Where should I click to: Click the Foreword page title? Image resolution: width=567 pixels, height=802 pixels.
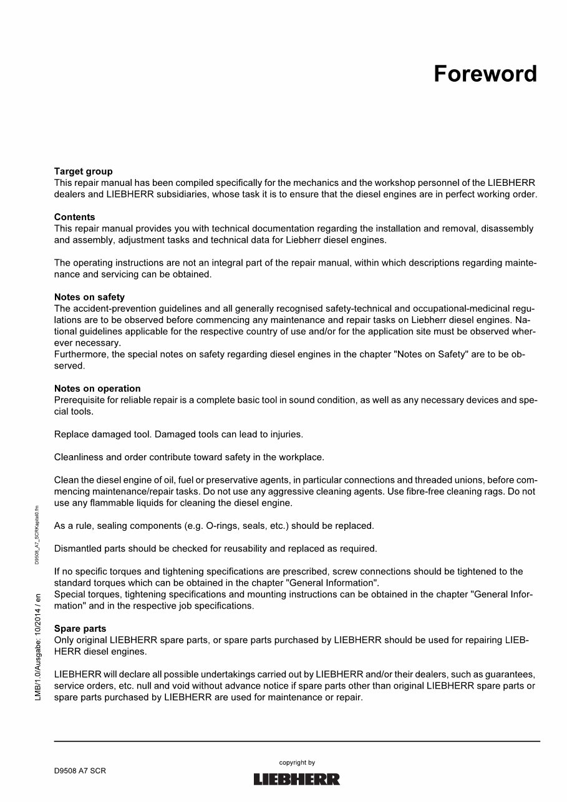(x=485, y=74)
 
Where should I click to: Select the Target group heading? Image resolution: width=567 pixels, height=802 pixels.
(x=84, y=172)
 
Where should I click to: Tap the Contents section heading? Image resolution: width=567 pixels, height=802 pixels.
(x=75, y=217)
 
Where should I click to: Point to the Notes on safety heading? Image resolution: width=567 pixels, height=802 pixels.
(x=89, y=297)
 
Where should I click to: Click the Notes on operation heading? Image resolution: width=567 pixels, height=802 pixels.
(x=97, y=389)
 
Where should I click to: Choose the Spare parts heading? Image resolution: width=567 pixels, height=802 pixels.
(x=80, y=629)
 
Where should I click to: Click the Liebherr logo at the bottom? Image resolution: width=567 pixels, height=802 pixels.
(x=297, y=779)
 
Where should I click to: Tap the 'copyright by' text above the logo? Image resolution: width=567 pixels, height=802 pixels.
(x=297, y=763)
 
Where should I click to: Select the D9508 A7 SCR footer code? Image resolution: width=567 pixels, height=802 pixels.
(x=80, y=771)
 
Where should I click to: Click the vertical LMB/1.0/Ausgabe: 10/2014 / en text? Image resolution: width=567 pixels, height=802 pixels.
(x=38, y=647)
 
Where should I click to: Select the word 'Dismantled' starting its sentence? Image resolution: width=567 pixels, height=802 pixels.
(x=77, y=549)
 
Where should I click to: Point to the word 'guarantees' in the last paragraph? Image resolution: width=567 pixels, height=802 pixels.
(x=511, y=674)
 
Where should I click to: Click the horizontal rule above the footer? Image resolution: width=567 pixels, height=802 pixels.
(x=297, y=741)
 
